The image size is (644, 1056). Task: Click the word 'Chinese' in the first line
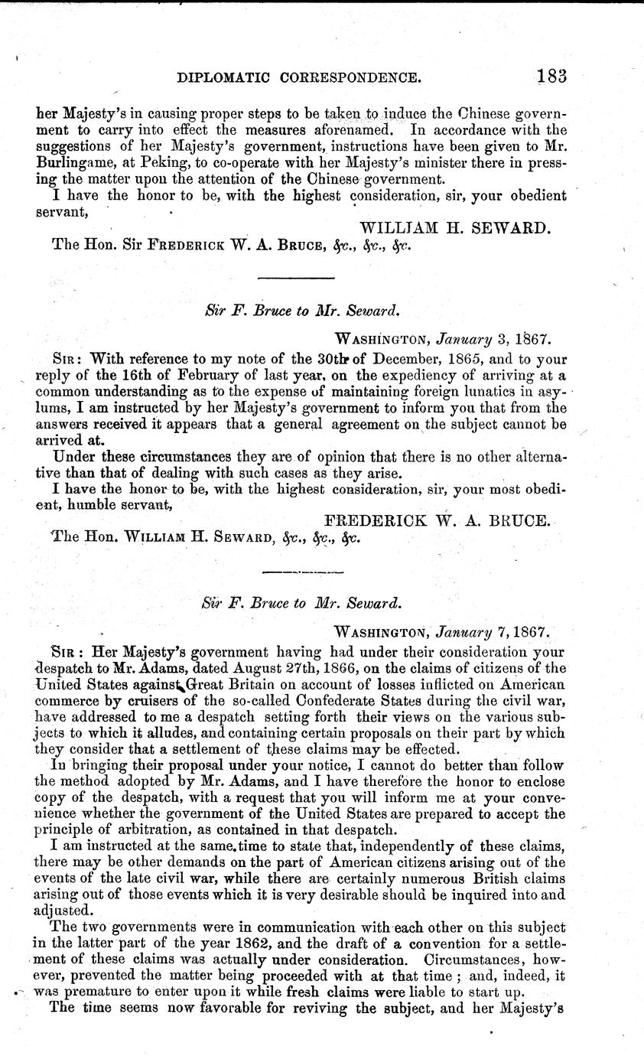point(438,111)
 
